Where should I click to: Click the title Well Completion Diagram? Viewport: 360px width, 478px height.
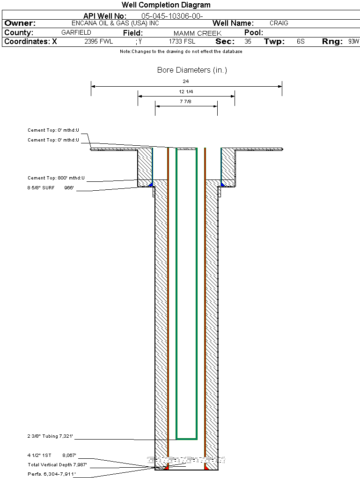click(x=166, y=5)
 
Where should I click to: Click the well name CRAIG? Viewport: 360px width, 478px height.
click(x=279, y=23)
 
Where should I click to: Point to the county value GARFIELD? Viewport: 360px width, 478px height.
click(x=76, y=32)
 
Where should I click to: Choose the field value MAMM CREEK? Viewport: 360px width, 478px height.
click(x=197, y=33)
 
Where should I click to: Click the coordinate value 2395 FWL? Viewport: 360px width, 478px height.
click(x=98, y=41)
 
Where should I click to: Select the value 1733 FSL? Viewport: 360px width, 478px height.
click(x=182, y=41)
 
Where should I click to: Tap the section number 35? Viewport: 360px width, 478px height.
click(x=248, y=41)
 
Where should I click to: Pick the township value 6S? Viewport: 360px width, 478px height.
click(x=301, y=41)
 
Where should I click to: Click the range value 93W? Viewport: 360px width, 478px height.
click(x=353, y=41)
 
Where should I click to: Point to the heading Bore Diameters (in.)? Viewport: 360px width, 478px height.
click(x=192, y=70)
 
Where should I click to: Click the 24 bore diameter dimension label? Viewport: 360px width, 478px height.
click(x=186, y=81)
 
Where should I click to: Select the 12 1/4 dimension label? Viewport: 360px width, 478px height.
click(x=186, y=91)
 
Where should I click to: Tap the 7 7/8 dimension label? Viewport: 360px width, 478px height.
click(x=186, y=101)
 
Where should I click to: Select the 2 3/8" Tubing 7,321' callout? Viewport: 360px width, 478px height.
click(x=50, y=436)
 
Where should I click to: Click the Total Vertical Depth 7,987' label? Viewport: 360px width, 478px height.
click(x=58, y=465)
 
